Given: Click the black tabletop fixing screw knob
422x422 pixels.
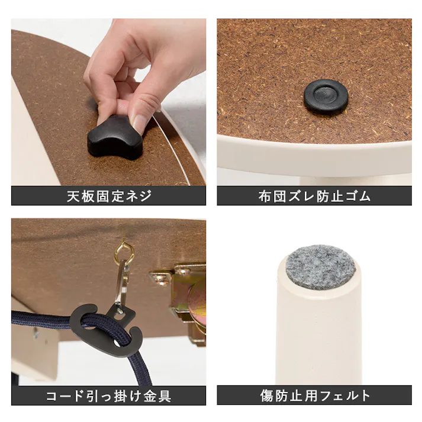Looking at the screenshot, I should tap(115, 137).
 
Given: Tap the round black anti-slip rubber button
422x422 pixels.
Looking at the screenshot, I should tap(326, 96).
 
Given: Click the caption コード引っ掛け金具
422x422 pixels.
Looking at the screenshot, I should tap(109, 396).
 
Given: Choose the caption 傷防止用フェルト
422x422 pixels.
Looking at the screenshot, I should tap(314, 396).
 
